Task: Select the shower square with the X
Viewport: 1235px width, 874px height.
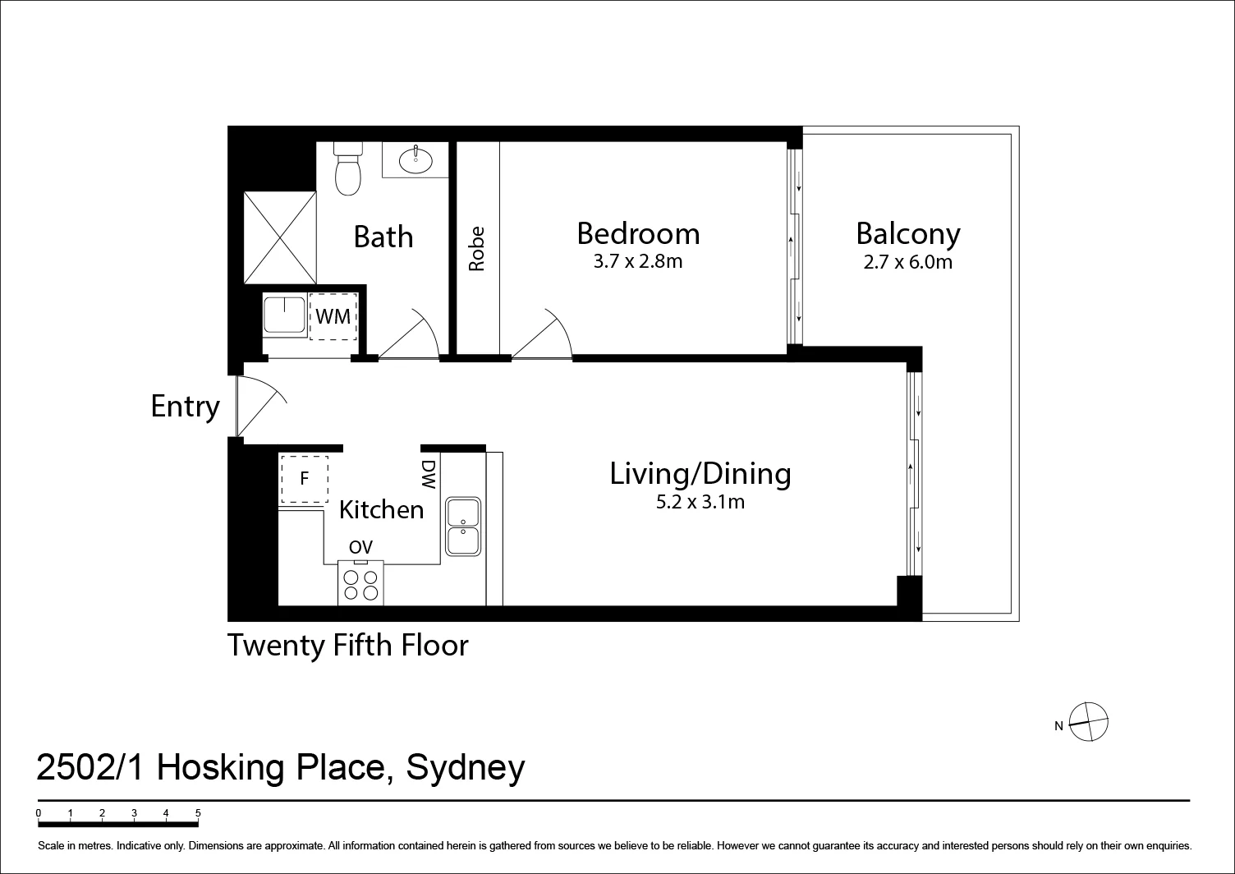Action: coord(280,237)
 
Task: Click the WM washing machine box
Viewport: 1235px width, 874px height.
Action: coord(333,316)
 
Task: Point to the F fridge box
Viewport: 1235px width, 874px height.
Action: coord(304,479)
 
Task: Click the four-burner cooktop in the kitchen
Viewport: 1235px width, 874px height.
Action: coord(361,582)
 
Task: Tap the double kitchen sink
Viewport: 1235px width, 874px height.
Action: coord(464,525)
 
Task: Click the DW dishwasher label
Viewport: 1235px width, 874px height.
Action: coord(429,476)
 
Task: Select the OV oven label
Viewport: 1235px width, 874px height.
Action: coord(360,547)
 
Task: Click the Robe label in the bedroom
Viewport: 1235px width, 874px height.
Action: coord(477,249)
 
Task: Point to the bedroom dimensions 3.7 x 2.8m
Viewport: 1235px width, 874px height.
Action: coord(638,262)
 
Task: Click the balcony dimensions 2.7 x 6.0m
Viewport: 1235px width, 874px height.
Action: coord(907,263)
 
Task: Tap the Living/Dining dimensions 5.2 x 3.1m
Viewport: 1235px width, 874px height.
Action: coord(700,502)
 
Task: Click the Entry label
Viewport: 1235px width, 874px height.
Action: coord(186,407)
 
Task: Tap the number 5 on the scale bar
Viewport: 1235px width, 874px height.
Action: coord(198,813)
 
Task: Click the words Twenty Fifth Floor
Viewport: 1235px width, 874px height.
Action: coord(347,646)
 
